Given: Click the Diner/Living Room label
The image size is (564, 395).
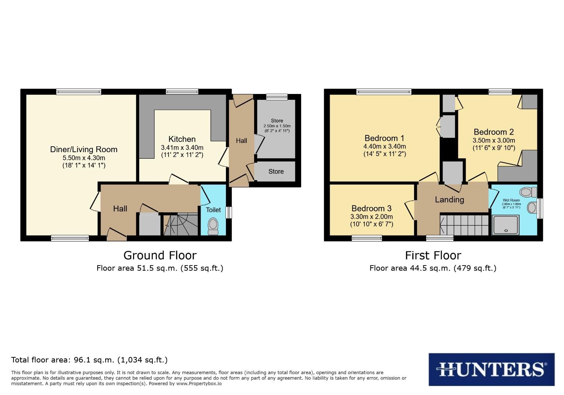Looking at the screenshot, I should [84, 149].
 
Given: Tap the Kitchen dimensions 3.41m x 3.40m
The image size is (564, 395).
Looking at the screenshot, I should [182, 147].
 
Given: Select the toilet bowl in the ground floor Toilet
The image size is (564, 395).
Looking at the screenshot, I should [212, 226].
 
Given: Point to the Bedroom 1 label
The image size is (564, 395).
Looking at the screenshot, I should [385, 138].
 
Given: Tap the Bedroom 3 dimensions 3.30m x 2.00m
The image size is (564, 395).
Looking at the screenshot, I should [371, 217].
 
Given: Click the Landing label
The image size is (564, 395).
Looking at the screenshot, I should [449, 200].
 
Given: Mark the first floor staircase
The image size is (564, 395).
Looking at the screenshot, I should [465, 225].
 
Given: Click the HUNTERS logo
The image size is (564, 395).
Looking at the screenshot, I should [491, 369].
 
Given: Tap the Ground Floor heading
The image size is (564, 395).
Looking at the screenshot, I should [160, 255].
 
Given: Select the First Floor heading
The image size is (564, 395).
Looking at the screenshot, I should [433, 255].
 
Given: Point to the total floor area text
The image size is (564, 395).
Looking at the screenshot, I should [90, 360].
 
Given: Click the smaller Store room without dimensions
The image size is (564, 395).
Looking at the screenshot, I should [276, 172].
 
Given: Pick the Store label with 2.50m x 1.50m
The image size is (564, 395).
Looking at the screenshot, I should [277, 121].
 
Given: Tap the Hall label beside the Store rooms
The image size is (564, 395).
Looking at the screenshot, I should [241, 140].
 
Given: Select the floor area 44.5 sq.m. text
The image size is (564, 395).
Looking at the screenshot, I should [433, 268].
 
